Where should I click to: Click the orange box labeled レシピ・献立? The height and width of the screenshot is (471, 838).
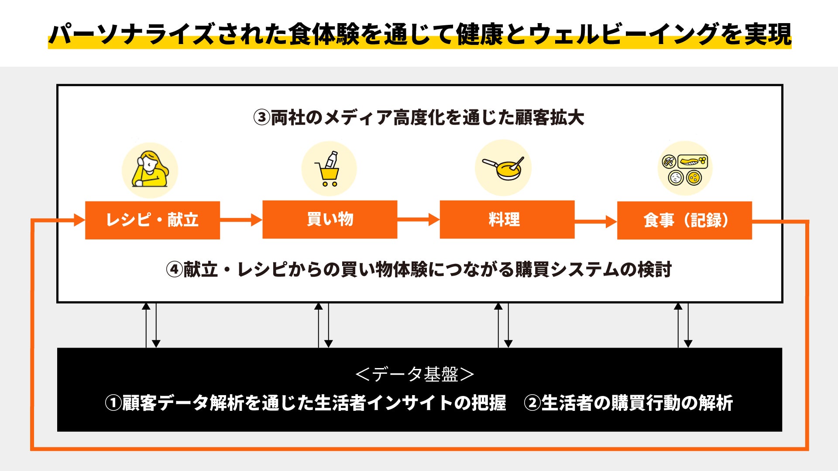tap(152, 220)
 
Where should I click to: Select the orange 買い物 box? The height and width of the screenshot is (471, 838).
tap(330, 219)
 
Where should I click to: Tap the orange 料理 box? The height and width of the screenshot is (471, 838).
tap(507, 219)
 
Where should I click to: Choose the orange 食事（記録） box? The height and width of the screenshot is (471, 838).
tap(684, 220)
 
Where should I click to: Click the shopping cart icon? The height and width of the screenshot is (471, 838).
tap(329, 169)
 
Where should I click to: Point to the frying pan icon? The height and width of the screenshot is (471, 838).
tap(503, 168)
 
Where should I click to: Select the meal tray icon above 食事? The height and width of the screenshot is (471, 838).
tap(685, 169)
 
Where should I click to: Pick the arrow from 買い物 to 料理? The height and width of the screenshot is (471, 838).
tap(418, 219)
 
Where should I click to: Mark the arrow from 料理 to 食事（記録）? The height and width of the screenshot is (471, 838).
tap(595, 222)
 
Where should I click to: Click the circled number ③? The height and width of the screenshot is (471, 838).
tap(262, 118)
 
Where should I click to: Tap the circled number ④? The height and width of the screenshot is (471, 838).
tap(174, 270)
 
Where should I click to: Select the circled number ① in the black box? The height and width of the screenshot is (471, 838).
tap(113, 403)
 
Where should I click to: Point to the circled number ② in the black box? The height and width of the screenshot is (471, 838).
tap(532, 403)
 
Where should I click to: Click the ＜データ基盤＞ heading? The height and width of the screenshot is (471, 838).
tap(415, 374)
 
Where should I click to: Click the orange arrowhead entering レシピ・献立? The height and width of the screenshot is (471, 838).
tap(80, 220)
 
